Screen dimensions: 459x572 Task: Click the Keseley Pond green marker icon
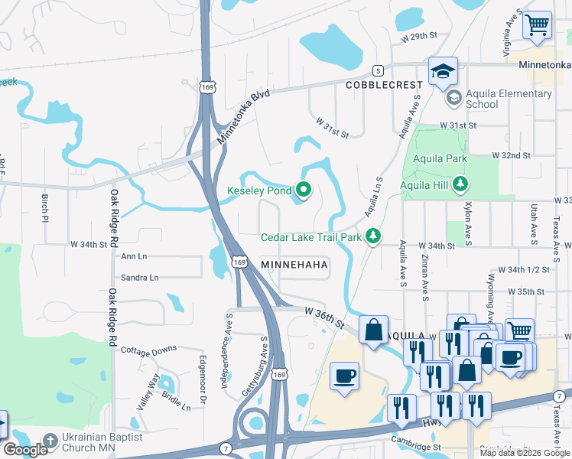(304, 190)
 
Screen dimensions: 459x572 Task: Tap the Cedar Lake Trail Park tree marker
(373, 236)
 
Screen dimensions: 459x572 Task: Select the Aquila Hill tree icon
(460, 184)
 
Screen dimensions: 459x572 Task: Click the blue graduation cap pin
(443, 72)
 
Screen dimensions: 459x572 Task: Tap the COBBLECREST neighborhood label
(383, 85)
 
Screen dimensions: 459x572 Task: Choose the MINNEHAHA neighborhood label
(294, 265)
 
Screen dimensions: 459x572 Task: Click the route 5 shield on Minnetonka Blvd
(377, 70)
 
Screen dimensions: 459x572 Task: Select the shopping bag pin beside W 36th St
(373, 330)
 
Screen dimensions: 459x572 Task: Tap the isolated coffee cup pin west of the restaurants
(344, 376)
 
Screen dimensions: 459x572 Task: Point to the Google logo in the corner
(26, 450)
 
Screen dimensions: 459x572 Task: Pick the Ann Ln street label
(133, 257)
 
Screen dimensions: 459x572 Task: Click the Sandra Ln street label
(139, 278)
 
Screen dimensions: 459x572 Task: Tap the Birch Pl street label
(44, 207)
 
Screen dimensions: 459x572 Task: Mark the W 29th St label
(418, 36)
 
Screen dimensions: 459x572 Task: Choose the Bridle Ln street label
(176, 402)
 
